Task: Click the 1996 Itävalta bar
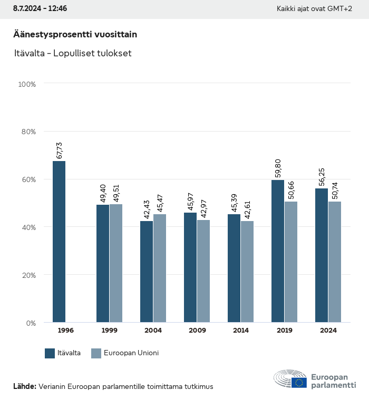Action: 59,242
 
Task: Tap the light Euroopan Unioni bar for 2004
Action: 160,268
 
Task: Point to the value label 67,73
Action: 60,150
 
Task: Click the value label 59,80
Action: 278,169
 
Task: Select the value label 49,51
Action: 116,193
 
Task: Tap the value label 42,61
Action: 248,209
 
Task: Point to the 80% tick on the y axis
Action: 27,132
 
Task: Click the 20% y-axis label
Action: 27,275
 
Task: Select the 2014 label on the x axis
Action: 241,331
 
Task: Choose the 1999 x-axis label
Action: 109,331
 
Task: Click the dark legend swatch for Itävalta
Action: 50,353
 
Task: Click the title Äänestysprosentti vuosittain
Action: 75,35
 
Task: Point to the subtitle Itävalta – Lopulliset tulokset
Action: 72,53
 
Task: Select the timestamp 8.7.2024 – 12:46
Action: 40,9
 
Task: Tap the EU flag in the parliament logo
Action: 299,383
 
